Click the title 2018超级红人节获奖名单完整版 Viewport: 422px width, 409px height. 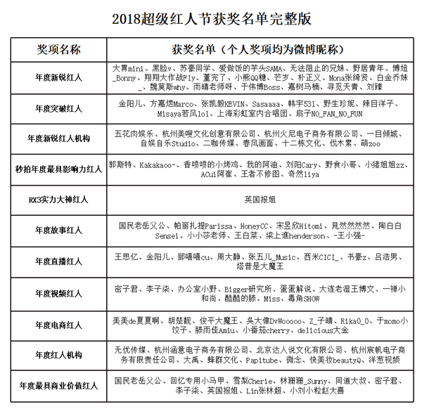[x=211, y=18]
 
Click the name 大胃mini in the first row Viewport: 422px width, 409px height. [x=127, y=68]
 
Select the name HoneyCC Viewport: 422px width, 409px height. [x=255, y=225]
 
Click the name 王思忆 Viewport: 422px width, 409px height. [x=127, y=257]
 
